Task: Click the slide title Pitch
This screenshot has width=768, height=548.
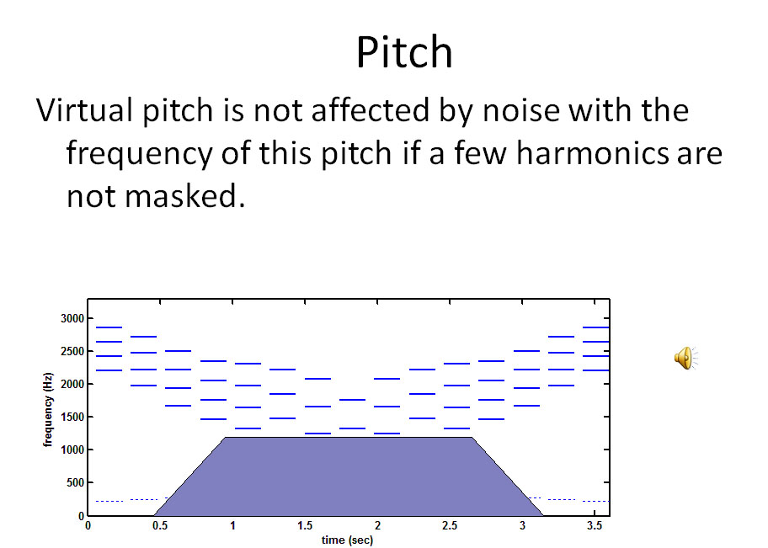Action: coord(404,52)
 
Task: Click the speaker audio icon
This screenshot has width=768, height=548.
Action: coord(685,358)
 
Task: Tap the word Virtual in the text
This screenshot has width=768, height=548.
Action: coord(84,109)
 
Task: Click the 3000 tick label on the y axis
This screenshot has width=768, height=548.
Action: coord(72,319)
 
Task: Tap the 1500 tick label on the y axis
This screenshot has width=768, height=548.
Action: coord(72,418)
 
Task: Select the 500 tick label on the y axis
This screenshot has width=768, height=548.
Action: coord(76,483)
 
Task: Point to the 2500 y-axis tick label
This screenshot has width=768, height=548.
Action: coord(72,352)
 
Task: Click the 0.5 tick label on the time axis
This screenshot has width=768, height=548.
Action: coord(160,526)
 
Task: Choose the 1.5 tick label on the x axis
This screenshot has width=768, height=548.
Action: coord(305,526)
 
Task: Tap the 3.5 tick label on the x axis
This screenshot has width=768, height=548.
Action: coord(595,526)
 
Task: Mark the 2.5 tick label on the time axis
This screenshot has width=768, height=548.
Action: coord(450,526)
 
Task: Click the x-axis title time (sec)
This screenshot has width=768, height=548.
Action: coord(347,540)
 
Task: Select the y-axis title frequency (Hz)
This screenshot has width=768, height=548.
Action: coord(47,410)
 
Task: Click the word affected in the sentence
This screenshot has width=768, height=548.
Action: coord(371,109)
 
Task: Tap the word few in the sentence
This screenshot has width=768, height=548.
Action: coord(482,153)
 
